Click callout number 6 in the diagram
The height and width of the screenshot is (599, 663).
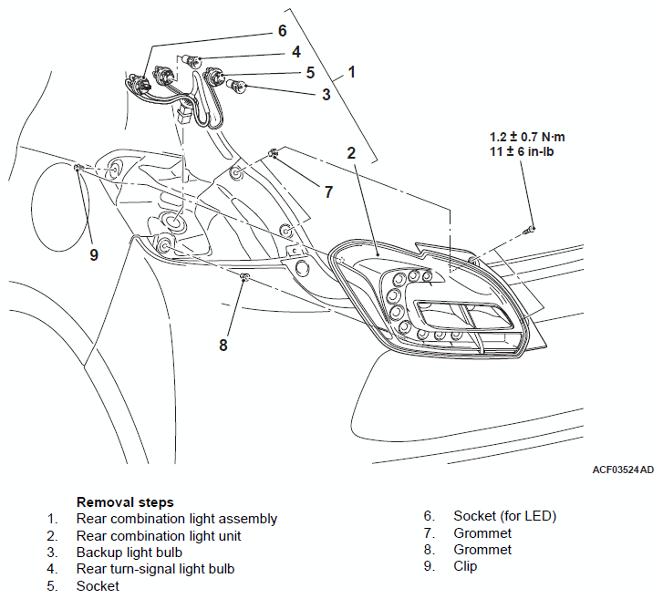point(282,30)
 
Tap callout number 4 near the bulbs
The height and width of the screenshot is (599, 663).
point(296,52)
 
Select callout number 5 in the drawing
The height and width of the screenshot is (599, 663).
point(310,72)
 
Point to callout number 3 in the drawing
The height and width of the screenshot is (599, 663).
point(326,94)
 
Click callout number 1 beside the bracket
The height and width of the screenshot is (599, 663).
point(351,72)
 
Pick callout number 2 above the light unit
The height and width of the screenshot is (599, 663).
point(351,152)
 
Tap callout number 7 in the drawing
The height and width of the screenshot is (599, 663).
point(328,191)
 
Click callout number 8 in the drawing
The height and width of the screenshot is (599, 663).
point(223,345)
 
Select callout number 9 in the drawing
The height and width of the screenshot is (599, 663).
point(94,254)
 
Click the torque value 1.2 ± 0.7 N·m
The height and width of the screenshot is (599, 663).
point(527,137)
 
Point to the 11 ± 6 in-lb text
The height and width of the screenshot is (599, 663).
point(522,151)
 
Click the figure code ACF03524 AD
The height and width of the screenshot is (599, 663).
point(623,470)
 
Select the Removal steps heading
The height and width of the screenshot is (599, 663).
point(125,502)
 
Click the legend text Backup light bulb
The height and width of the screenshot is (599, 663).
point(129,553)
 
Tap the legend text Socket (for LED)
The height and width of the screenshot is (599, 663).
point(505,516)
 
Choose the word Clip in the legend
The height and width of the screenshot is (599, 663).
point(465,565)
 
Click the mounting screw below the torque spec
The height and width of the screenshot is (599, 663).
point(529,230)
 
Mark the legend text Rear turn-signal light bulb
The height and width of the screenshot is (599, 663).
point(155,569)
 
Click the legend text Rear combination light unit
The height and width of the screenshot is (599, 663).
point(159,536)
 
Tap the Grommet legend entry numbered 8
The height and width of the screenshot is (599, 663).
point(482,550)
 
